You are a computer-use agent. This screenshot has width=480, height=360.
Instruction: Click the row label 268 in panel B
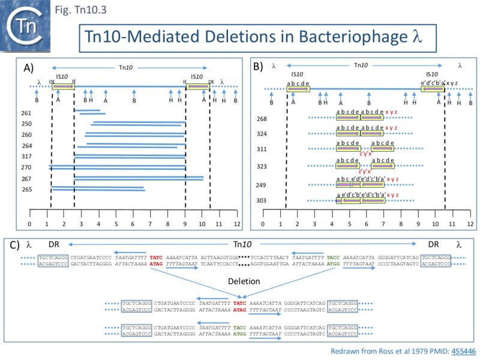coord(262,119)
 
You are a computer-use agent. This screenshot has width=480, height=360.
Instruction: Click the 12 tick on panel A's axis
coord(238,224)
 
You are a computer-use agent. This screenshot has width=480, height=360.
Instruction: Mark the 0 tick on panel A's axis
coord(29,224)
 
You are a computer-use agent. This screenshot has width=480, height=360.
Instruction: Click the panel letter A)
coord(30,67)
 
